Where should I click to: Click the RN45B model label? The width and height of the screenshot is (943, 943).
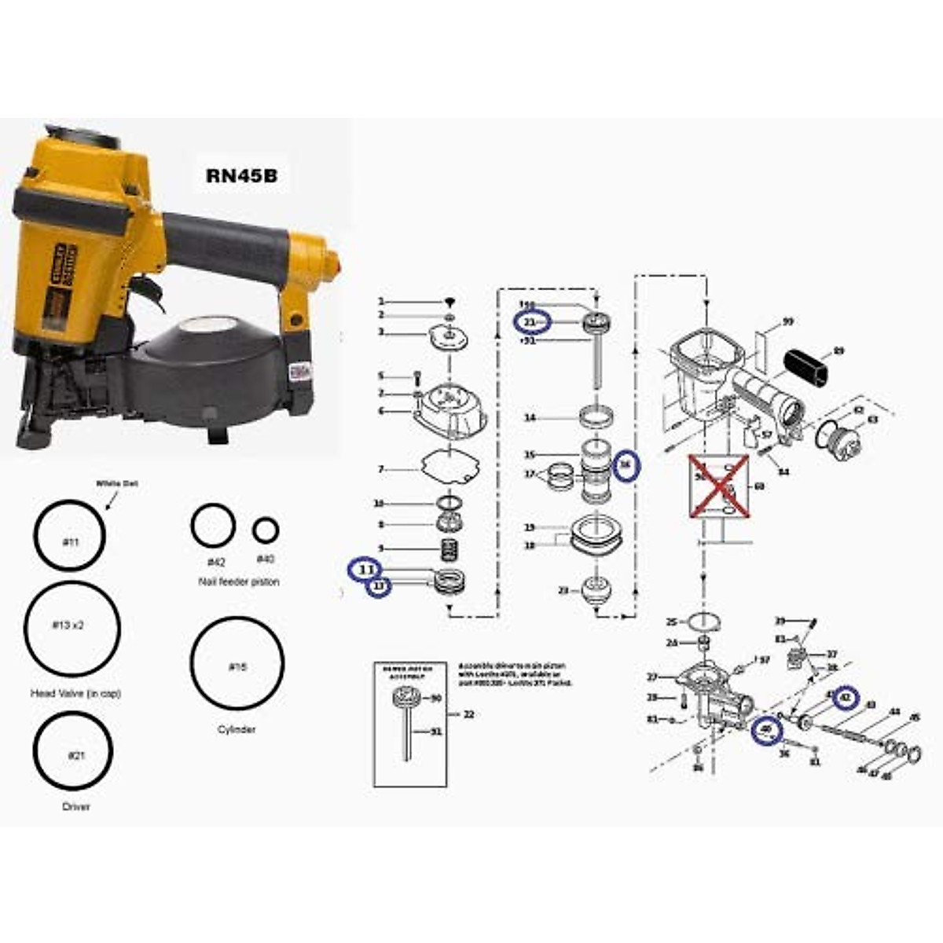pos(241,175)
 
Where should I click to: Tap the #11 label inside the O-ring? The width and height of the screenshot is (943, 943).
pos(70,541)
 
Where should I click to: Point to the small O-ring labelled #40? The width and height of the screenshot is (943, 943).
pos(266,530)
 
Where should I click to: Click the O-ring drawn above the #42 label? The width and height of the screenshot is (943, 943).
pos(213,526)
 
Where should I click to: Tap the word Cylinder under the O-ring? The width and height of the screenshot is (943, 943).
pos(237,729)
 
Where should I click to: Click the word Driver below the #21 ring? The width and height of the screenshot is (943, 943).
pos(75,806)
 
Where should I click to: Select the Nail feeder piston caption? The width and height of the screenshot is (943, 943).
pos(238,582)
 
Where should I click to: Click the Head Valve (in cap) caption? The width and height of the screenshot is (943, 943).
pos(75,694)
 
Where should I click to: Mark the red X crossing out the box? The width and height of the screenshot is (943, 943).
pos(718,486)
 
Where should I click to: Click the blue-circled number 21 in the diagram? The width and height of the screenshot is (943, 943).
pos(532,322)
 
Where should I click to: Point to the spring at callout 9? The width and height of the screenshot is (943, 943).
pos(449,549)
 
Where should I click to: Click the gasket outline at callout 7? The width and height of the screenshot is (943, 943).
pos(447,468)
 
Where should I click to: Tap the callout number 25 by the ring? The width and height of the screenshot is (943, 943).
pos(671,622)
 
